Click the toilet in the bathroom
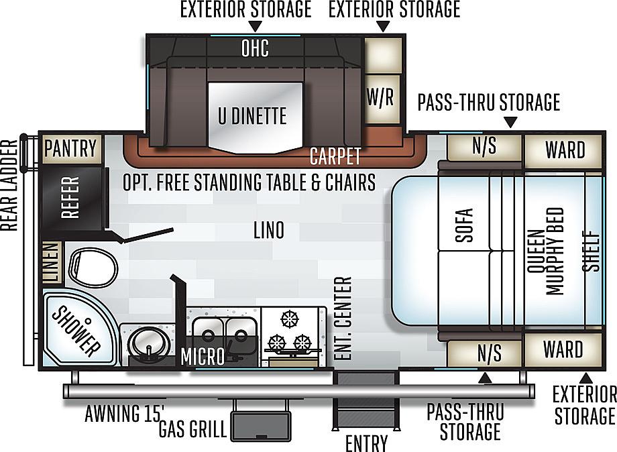click(93, 266)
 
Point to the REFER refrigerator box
click(71, 197)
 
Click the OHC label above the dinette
click(255, 48)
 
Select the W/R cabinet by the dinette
click(380, 97)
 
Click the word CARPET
click(335, 156)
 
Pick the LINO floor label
click(269, 230)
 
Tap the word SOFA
click(463, 225)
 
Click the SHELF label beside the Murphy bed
click(591, 251)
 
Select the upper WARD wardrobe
click(563, 151)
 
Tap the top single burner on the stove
click(290, 319)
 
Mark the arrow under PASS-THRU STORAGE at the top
click(510, 122)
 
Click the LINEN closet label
click(52, 262)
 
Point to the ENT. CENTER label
click(342, 319)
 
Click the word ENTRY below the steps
click(366, 443)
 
